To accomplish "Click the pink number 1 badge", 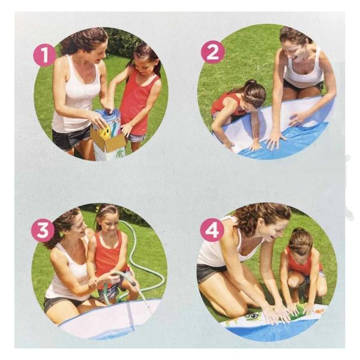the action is pos(44,55).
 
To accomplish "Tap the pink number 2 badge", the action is pos(213,52).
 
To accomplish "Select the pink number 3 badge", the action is pos(43,230).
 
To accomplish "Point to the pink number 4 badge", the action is pos(212,229).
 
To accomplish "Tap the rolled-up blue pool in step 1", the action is pos(107,122).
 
